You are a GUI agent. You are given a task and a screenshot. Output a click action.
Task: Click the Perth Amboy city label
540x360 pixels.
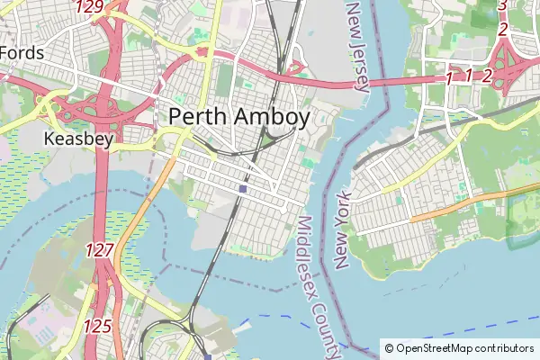tap(239, 116)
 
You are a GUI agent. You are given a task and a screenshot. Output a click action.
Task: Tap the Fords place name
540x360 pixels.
tap(22, 53)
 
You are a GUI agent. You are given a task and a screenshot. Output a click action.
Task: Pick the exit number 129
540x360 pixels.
tap(90, 7)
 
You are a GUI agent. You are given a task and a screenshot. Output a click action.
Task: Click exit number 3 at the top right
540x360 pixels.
tap(502, 5)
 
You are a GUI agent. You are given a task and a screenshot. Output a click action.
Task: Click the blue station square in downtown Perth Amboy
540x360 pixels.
tap(243, 189)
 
